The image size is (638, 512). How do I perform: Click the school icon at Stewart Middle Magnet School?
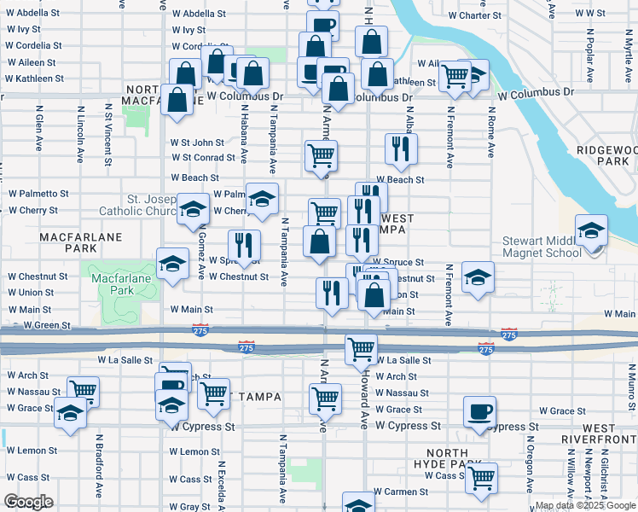pos(591,231)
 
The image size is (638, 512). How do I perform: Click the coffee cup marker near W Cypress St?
pos(478,413)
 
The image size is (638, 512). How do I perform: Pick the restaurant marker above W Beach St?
pos(400,149)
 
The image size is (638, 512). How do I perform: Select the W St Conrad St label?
pos(202,157)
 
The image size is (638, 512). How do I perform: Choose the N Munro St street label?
pos(631,381)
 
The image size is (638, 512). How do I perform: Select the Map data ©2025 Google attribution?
pos(584,505)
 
